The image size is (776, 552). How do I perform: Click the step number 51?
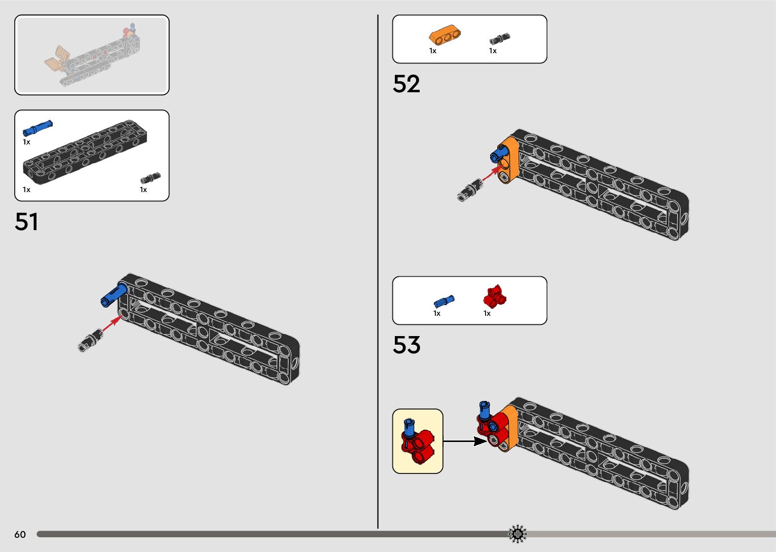(26, 222)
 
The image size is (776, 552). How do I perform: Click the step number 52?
(406, 84)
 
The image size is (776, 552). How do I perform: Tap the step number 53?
(406, 345)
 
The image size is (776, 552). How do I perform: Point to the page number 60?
(20, 534)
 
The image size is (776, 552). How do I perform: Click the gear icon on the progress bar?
(518, 534)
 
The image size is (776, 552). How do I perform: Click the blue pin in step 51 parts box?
(37, 128)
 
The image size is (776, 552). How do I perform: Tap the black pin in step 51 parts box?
(150, 178)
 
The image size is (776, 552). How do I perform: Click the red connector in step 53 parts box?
(495, 296)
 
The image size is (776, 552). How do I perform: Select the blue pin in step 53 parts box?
(444, 302)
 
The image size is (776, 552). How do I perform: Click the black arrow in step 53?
(465, 441)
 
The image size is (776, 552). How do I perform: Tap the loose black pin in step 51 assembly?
(90, 340)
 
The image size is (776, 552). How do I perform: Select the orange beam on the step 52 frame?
(509, 161)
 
